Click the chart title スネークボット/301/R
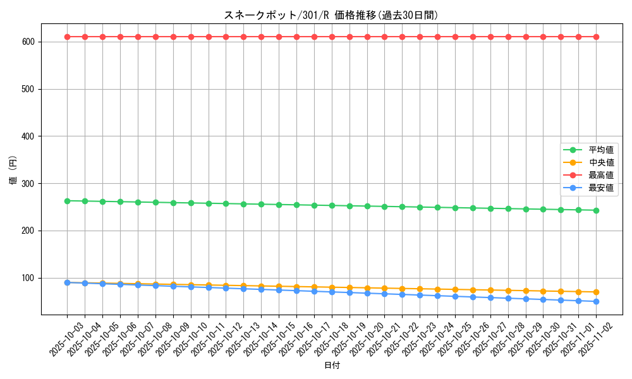tap(331, 15)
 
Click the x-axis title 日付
tap(332, 366)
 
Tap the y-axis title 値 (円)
tap(14, 170)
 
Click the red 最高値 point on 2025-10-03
tap(67, 37)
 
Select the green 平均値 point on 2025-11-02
tap(596, 210)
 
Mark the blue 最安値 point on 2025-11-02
tap(596, 301)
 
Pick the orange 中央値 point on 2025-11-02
tap(596, 292)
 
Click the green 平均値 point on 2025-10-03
tap(67, 201)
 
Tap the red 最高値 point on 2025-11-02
tap(596, 37)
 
